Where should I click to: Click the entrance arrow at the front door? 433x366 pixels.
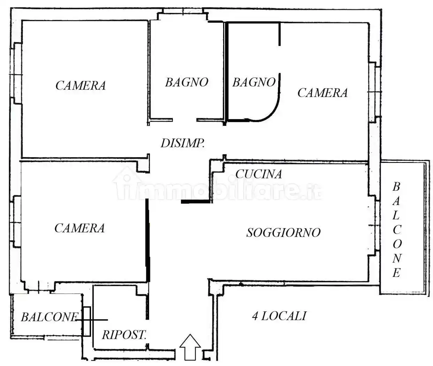(x=190, y=347)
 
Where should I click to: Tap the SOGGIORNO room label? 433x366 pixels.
(x=283, y=233)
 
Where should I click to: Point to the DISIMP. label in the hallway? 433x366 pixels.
(x=182, y=143)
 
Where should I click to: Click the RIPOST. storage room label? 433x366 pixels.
(x=124, y=335)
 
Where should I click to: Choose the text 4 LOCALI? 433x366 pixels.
(x=279, y=316)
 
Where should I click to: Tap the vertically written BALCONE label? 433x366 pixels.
(x=396, y=230)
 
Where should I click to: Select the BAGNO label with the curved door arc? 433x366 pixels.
(x=254, y=83)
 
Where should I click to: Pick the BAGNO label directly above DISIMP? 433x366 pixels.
(x=187, y=83)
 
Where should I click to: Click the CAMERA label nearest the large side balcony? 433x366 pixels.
(x=322, y=93)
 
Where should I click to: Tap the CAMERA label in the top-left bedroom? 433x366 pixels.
(x=81, y=86)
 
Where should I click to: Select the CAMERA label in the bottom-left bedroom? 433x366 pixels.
(x=79, y=228)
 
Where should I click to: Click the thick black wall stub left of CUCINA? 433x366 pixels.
(x=196, y=201)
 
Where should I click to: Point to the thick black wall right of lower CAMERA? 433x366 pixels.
(x=147, y=241)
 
